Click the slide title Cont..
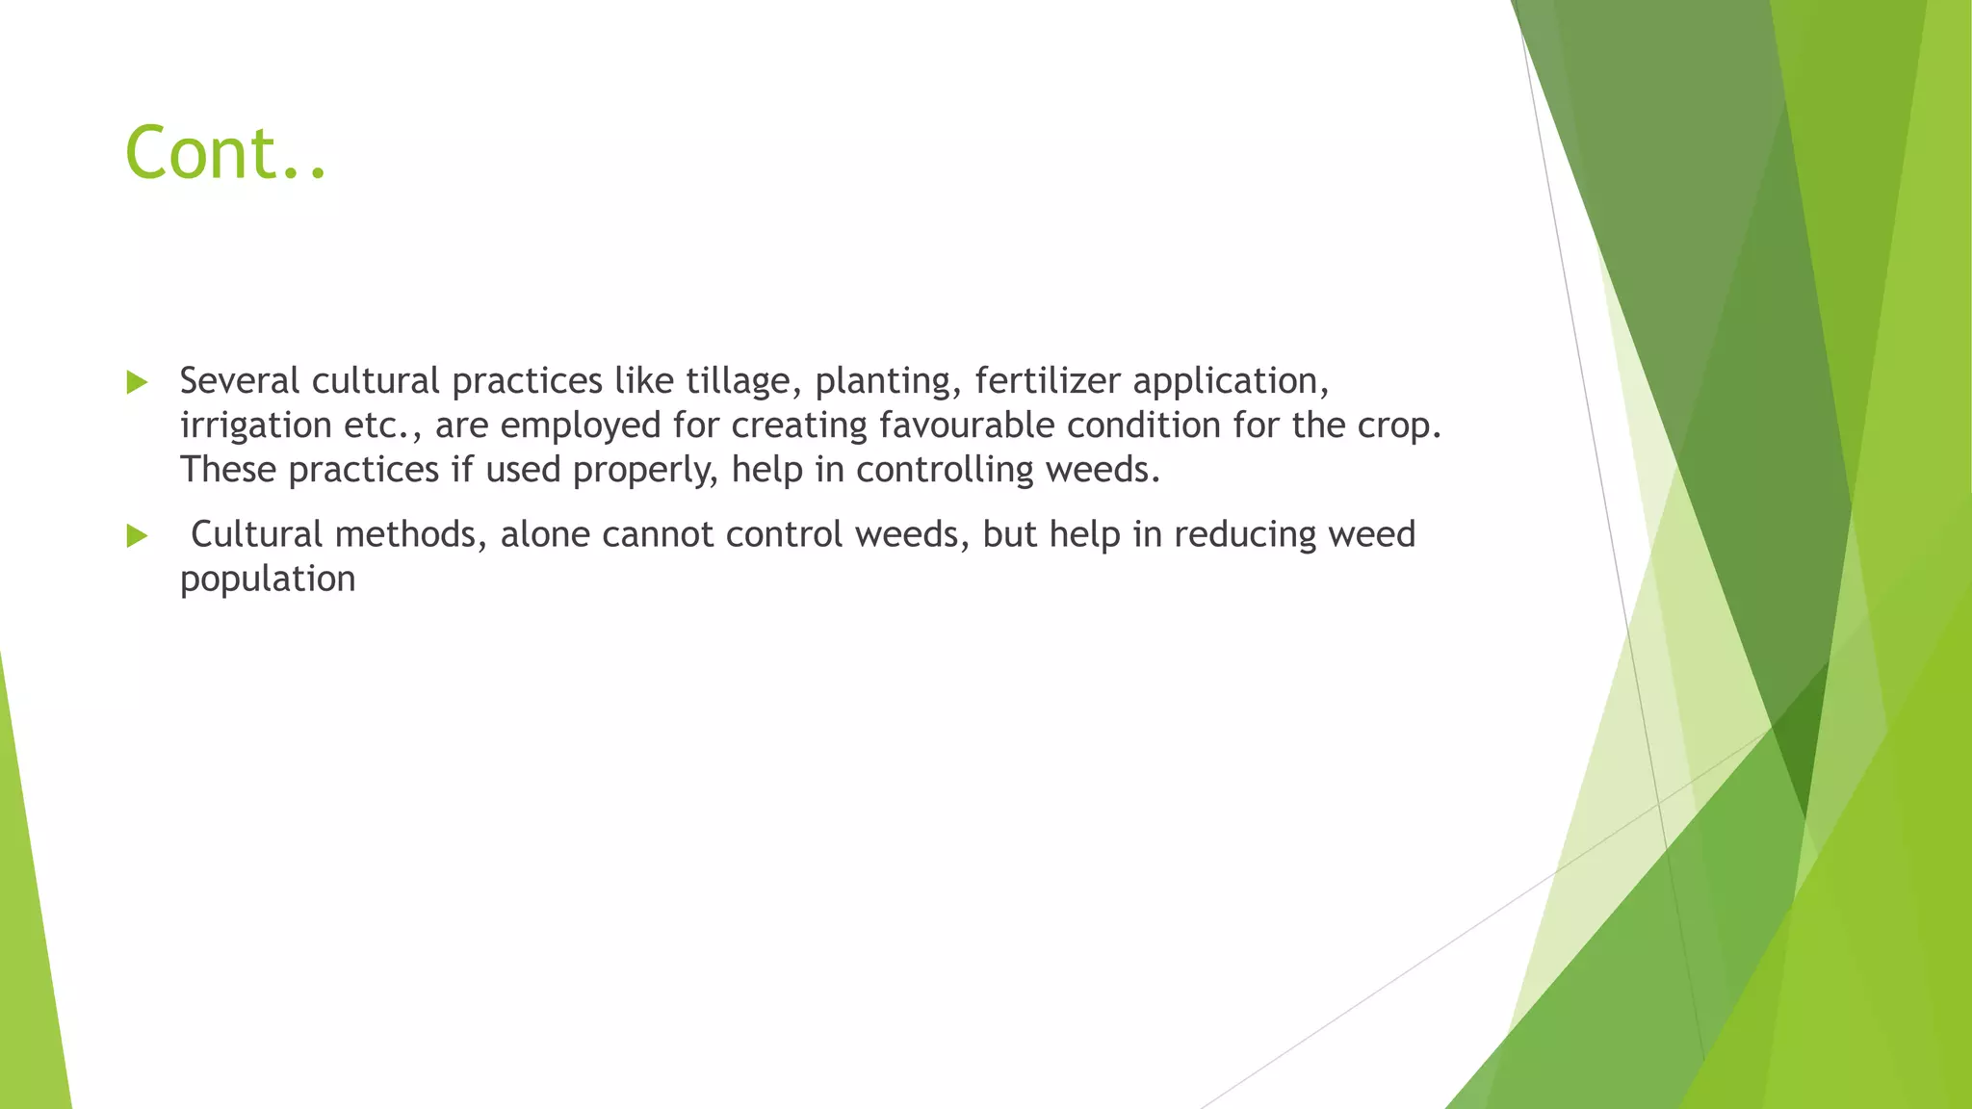pyautogui.click(x=225, y=154)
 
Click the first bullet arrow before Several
pyautogui.click(x=137, y=383)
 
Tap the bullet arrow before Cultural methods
pyautogui.click(x=137, y=536)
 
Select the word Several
pyautogui.click(x=240, y=381)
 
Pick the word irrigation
pyautogui.click(x=255, y=426)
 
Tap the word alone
pyautogui.click(x=545, y=534)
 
